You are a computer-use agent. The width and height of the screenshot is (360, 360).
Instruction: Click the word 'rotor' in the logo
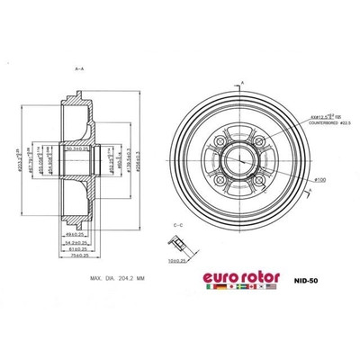tap(256, 274)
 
